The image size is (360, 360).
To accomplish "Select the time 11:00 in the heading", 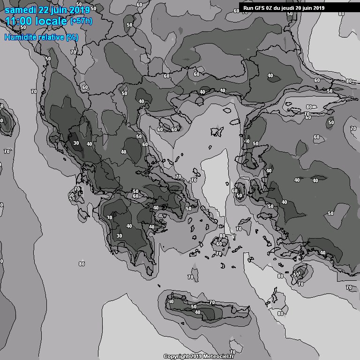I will [18, 21].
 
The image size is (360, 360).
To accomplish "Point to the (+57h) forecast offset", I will [81, 21].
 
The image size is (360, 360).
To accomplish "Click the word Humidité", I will [19, 37].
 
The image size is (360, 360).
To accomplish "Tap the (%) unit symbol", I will [72, 37].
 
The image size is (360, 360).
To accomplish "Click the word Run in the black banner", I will [249, 7].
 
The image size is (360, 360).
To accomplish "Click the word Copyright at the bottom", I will [176, 357].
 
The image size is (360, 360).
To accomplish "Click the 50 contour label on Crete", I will [194, 307].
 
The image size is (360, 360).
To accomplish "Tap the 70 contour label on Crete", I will [212, 303].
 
